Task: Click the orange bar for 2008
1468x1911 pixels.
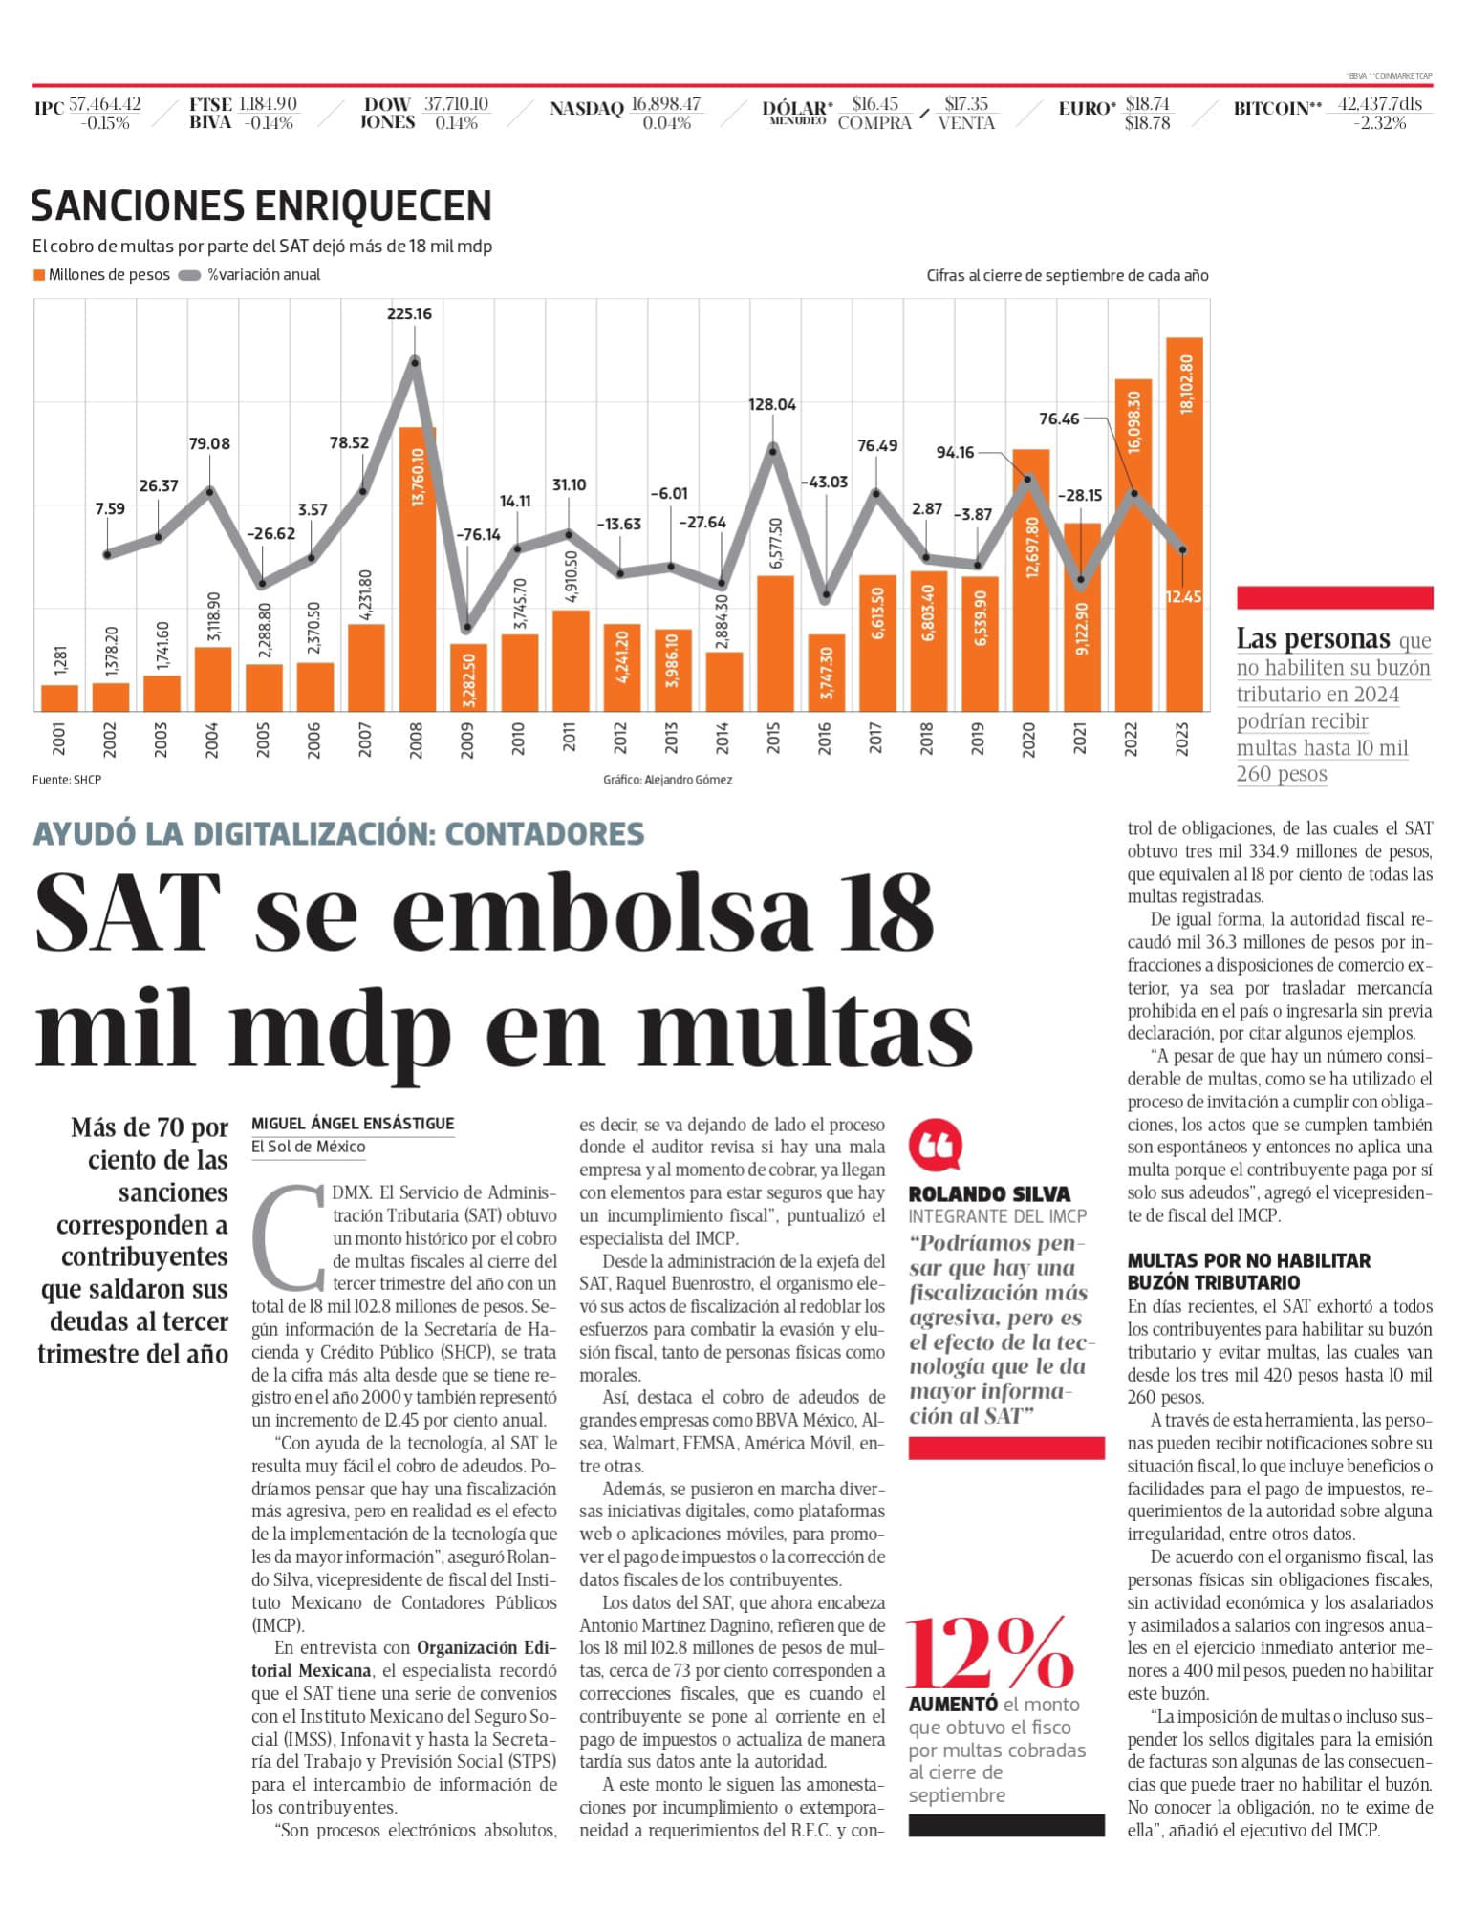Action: [x=416, y=569]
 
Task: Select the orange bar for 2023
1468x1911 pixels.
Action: [x=1184, y=525]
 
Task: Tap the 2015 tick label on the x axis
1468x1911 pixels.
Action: [x=773, y=739]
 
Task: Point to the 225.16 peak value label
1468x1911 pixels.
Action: [x=409, y=313]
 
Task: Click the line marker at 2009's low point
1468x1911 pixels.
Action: [x=467, y=628]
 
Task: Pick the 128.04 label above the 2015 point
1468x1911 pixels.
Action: [x=772, y=404]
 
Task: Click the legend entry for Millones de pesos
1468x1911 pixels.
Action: [x=101, y=275]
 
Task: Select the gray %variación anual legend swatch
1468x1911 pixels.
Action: [x=189, y=275]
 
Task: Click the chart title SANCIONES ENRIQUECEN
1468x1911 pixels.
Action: [x=262, y=205]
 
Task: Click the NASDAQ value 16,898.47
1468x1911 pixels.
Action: [x=665, y=103]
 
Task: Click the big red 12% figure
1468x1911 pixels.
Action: [x=990, y=1653]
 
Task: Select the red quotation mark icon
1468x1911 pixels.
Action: [x=935, y=1145]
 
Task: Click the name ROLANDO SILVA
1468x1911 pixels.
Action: [x=989, y=1193]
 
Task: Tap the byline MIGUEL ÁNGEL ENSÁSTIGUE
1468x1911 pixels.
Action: [x=353, y=1124]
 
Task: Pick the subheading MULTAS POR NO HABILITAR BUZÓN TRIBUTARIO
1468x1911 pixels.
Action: [x=1249, y=1271]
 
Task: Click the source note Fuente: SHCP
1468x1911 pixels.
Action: [x=67, y=780]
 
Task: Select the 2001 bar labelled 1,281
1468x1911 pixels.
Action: [x=59, y=698]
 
